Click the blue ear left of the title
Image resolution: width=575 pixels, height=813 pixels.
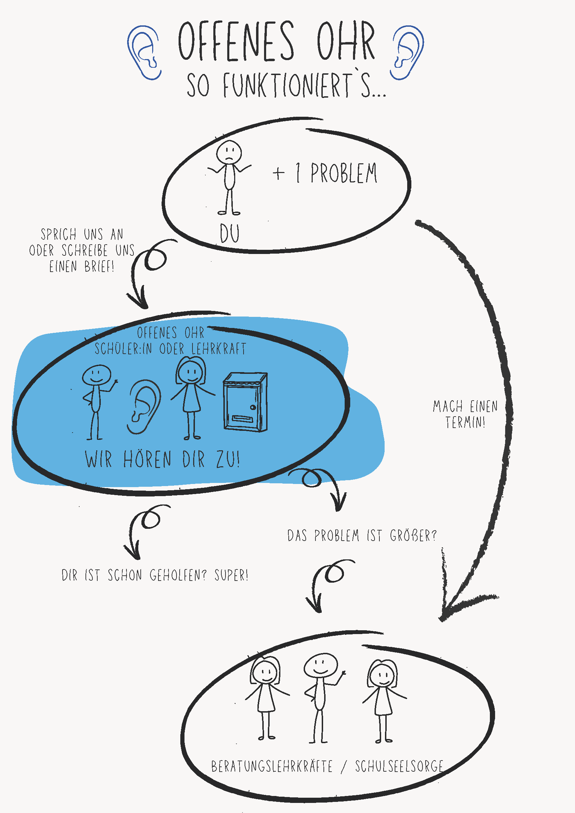(x=144, y=52)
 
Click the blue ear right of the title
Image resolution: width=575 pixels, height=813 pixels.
(x=408, y=52)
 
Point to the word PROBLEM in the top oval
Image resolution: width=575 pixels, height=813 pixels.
(x=344, y=173)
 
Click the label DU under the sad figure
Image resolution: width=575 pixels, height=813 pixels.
(x=229, y=234)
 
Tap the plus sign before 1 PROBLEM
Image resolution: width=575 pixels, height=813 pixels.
(x=279, y=173)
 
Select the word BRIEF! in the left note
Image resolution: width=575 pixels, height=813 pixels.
(x=99, y=266)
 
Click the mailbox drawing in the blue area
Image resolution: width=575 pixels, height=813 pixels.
(x=245, y=402)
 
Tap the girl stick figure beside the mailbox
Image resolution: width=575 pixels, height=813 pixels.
(x=191, y=396)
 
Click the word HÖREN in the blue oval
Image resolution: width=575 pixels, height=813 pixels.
(x=147, y=459)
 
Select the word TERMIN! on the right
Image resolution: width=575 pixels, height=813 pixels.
(x=465, y=422)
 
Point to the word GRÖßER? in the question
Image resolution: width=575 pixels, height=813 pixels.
(x=413, y=536)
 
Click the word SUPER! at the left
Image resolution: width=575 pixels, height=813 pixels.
(x=231, y=575)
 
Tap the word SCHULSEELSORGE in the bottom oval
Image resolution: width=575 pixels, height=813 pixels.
(x=399, y=766)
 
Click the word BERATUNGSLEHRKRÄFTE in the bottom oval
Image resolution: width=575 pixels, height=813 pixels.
(x=272, y=766)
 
